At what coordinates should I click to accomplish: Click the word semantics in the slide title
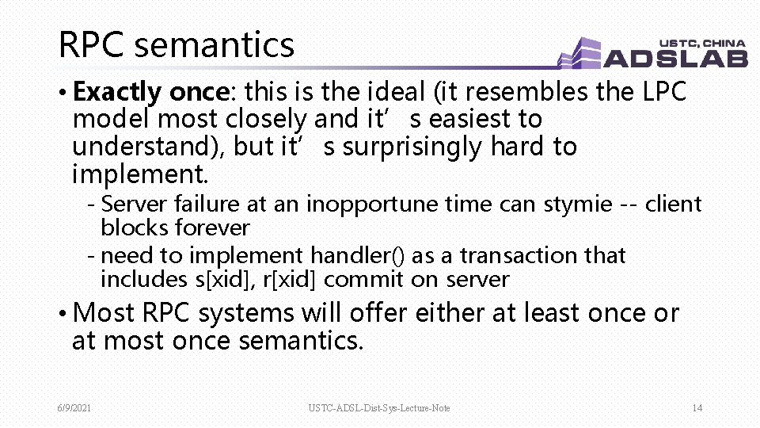pos(214,45)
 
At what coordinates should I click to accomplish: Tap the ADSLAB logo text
pos(675,58)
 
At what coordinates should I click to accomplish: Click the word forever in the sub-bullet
pos(212,228)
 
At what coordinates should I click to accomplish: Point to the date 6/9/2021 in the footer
pos(74,408)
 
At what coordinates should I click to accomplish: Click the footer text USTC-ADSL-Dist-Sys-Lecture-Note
pos(379,408)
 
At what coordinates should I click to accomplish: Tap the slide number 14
pos(697,408)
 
